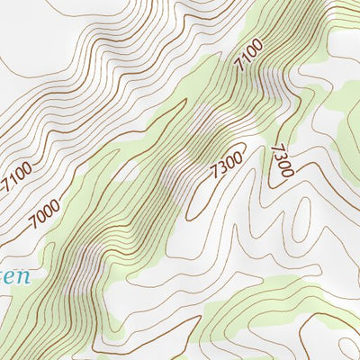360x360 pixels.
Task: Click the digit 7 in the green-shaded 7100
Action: click(238, 67)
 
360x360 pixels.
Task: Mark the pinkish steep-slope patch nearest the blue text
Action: click(85, 261)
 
